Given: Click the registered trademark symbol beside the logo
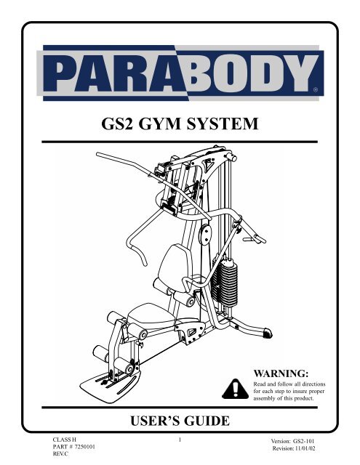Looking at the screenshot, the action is click(316, 89).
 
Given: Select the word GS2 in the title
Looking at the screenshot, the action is click(116, 124).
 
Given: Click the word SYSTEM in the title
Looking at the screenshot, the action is click(222, 124).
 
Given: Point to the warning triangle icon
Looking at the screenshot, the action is click(235, 389).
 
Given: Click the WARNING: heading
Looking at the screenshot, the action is click(281, 373).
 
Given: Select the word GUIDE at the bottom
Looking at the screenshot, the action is click(207, 421).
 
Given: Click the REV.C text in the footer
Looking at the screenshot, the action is click(60, 453).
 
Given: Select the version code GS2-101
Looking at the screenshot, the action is click(303, 441).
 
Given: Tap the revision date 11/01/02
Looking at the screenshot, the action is click(305, 448).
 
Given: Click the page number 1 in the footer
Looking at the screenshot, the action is click(180, 440).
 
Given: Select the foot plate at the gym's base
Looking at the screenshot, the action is click(111, 386).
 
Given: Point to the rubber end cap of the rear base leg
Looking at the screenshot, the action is click(268, 333).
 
